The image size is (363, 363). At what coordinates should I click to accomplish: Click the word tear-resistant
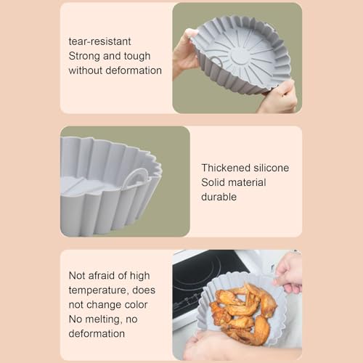99,41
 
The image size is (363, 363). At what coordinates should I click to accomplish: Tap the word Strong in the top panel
84,57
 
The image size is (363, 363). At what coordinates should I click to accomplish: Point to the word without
85,70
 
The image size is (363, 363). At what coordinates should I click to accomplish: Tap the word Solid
211,182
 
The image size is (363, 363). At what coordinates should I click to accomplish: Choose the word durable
219,197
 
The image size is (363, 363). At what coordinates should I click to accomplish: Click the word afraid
101,275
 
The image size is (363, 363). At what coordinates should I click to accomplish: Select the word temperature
98,290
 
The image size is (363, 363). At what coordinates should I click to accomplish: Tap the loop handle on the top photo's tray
216,62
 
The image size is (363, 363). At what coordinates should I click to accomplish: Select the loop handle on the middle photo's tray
136,178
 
